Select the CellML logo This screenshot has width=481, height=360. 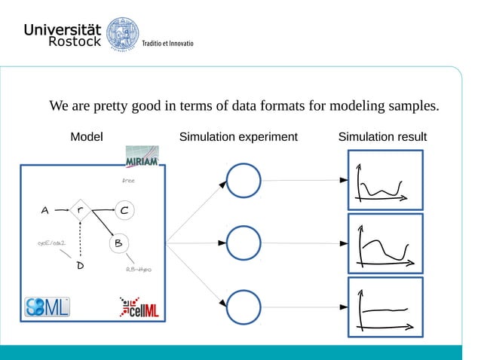(x=139, y=308)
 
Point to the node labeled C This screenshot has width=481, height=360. (x=125, y=210)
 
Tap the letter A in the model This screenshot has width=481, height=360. (x=46, y=211)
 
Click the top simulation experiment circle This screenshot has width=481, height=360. (x=244, y=182)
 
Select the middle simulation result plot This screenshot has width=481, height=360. (x=384, y=243)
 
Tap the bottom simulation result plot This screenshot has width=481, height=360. (x=384, y=306)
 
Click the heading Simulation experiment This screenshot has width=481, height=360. (x=237, y=137)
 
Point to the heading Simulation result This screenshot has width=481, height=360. (x=382, y=137)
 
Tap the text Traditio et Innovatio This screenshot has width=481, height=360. (x=168, y=44)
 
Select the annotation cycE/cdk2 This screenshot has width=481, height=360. (x=52, y=243)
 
